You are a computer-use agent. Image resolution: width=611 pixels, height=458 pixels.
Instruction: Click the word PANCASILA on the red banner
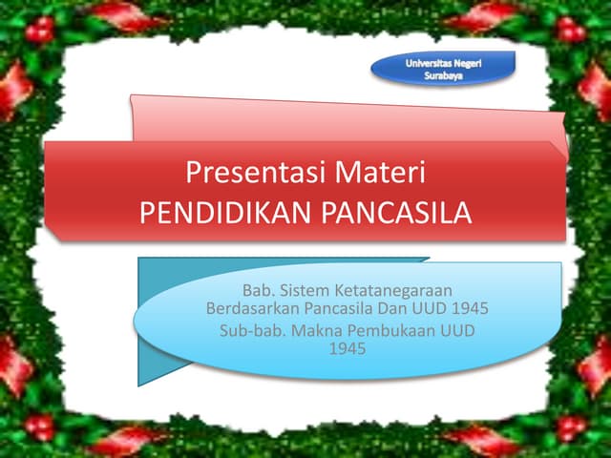[396, 213]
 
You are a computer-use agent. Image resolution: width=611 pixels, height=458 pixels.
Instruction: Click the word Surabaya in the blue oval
[443, 75]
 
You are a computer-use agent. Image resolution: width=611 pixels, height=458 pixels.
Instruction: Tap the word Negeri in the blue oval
[467, 64]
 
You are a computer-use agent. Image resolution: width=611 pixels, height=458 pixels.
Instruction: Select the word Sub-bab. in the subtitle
[253, 331]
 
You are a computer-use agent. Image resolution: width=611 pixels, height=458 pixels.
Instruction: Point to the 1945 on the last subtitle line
[348, 348]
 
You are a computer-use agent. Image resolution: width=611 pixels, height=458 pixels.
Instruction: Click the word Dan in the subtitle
[392, 308]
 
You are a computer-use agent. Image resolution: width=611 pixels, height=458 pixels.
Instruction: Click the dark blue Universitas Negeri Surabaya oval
[443, 69]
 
